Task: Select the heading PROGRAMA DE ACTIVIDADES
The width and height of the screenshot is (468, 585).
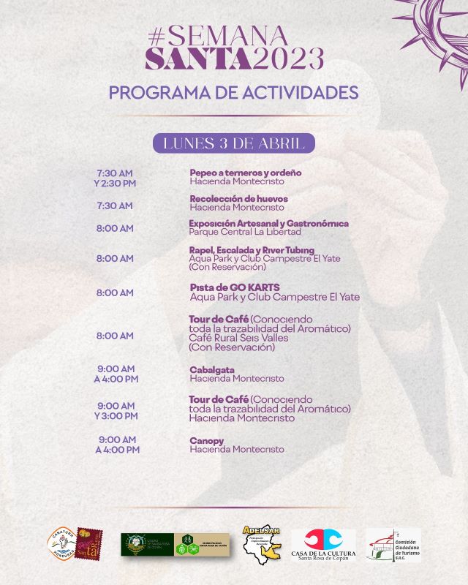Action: click(233, 93)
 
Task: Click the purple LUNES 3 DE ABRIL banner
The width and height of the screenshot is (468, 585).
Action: click(233, 143)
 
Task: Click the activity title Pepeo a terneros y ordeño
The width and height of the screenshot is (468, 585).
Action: click(246, 173)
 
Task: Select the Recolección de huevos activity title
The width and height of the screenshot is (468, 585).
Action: click(239, 198)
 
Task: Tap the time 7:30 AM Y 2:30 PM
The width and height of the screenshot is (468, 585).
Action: click(116, 178)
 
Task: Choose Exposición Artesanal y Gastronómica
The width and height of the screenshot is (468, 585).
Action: click(268, 223)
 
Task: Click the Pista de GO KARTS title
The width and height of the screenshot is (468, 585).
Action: click(235, 287)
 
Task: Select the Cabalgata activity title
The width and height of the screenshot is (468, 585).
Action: click(212, 370)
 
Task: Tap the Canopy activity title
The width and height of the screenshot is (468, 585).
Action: click(207, 441)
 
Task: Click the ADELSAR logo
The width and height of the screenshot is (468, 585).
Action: click(261, 544)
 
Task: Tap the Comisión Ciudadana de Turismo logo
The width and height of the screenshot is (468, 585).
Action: click(393, 546)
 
